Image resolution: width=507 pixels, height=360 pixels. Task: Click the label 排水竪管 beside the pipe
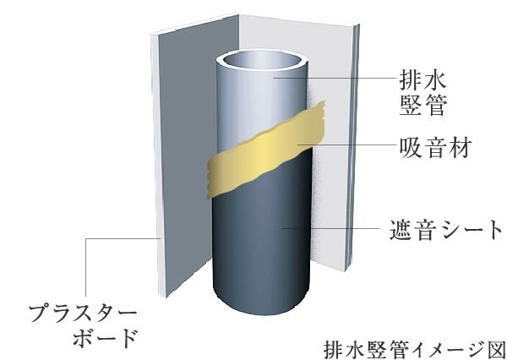pyautogui.click(x=423, y=93)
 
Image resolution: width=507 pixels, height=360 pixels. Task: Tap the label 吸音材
pyautogui.click(x=435, y=147)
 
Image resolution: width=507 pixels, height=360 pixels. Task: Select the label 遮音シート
pyautogui.click(x=446, y=229)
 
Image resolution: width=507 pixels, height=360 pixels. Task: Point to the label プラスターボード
pyautogui.click(x=84, y=326)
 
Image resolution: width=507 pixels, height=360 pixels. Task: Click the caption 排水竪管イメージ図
pyautogui.click(x=415, y=349)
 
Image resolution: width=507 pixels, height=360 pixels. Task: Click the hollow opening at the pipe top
pyautogui.click(x=262, y=61)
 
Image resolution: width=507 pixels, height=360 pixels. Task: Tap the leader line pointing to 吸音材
pyautogui.click(x=347, y=145)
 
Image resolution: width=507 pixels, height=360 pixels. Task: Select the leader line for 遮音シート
pyautogui.click(x=331, y=228)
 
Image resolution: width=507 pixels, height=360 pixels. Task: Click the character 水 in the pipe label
pyautogui.click(x=435, y=80)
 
